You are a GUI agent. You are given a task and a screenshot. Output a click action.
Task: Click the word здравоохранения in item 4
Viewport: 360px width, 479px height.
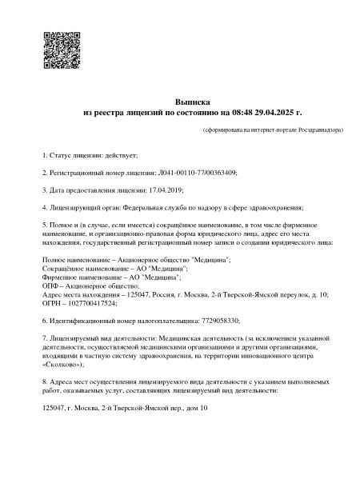(x=247, y=209)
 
